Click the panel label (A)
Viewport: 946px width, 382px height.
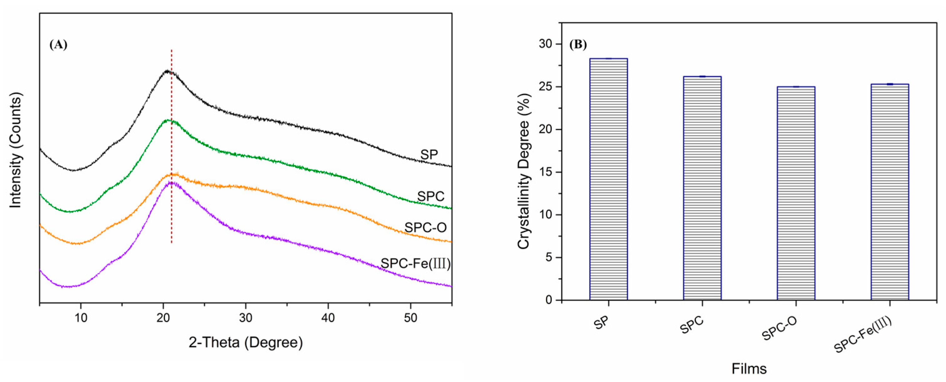tap(58, 44)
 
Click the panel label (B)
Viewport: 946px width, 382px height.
tap(578, 44)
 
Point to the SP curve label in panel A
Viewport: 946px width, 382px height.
tap(429, 155)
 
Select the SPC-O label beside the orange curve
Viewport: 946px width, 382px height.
tap(425, 228)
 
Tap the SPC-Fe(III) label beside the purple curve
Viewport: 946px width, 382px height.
tap(415, 264)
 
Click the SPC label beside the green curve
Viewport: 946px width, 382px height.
tap(431, 196)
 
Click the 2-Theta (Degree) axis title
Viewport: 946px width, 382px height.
tap(246, 342)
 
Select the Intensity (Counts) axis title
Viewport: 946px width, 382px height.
tap(15, 150)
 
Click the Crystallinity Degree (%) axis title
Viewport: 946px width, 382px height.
tap(524, 171)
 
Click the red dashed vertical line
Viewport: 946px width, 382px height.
tap(171, 147)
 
